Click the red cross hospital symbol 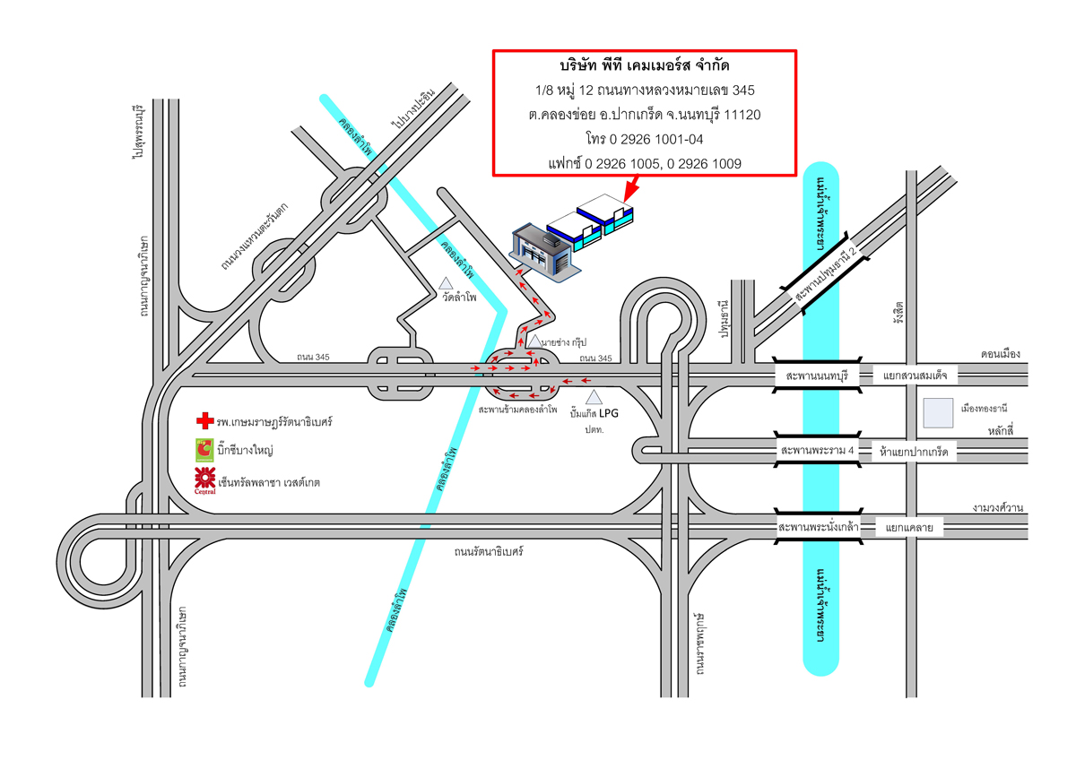205,420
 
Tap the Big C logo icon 204,449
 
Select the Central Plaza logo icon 204,481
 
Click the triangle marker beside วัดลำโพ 446,283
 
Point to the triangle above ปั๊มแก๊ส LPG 593,397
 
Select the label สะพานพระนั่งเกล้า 819,527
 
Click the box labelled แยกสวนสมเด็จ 910,375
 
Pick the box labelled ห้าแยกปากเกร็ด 914,453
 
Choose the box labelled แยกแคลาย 909,528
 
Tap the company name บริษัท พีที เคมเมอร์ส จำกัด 644,67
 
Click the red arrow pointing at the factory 630,186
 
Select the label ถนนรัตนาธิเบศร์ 489,552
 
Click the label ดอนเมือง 1001,354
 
